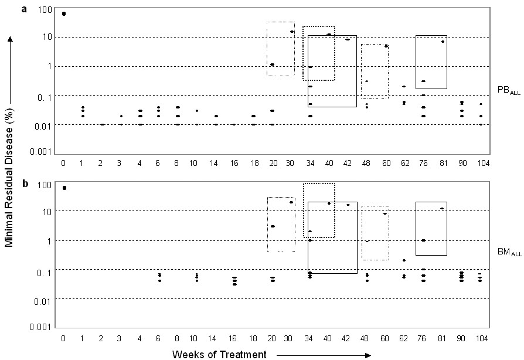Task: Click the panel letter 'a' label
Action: (x=23, y=9)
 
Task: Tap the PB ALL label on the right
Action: (x=509, y=90)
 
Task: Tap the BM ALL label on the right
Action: (x=509, y=252)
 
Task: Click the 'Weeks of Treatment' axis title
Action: (x=219, y=354)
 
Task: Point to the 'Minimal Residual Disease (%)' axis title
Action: (x=9, y=178)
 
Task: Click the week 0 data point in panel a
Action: (x=64, y=13)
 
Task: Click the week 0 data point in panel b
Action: (x=64, y=188)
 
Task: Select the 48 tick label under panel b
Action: (x=365, y=339)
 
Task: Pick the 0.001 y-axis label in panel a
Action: (x=41, y=152)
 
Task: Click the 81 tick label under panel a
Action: (x=443, y=163)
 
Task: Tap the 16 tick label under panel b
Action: (x=233, y=339)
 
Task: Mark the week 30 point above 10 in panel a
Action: (x=292, y=32)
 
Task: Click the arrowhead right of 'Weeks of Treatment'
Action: (x=368, y=355)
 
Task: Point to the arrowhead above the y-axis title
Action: (x=10, y=39)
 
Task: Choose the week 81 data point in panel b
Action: (x=442, y=209)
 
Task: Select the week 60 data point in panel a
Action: (x=386, y=46)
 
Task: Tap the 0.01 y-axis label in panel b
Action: (x=43, y=301)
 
